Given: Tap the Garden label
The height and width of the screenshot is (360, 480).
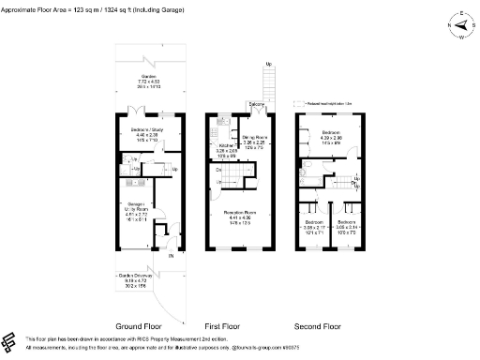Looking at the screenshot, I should point(148,82).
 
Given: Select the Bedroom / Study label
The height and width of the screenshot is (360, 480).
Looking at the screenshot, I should point(146,134).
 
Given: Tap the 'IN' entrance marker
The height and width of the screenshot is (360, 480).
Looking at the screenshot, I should point(171,255).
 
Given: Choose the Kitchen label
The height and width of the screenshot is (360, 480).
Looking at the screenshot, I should point(227,149).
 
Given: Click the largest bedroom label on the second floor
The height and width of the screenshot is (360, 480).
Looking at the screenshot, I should point(333,137).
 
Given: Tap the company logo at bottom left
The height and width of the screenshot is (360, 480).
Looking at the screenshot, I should point(11,341).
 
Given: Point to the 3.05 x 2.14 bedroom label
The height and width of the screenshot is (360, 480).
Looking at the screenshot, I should point(348,226).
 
